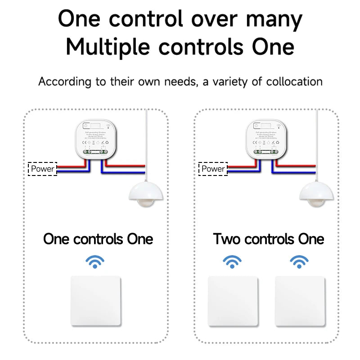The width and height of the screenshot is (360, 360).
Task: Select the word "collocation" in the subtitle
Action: point(294,81)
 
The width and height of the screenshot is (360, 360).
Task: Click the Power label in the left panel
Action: point(43,169)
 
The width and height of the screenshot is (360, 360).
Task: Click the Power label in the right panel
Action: point(213,169)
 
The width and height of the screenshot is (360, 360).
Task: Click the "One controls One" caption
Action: point(98,238)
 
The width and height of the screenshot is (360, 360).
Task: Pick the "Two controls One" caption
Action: point(269,238)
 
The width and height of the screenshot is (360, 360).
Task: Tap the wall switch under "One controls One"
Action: point(96,301)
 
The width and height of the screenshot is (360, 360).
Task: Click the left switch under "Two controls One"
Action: point(233,301)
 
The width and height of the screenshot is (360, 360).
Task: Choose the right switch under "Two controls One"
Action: point(300,301)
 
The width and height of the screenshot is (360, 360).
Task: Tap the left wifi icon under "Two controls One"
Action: point(232,261)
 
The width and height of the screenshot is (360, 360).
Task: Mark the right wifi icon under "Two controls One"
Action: point(299,261)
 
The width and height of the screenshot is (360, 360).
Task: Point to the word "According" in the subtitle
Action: point(65,81)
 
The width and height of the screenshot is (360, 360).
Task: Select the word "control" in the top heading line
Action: point(146,20)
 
